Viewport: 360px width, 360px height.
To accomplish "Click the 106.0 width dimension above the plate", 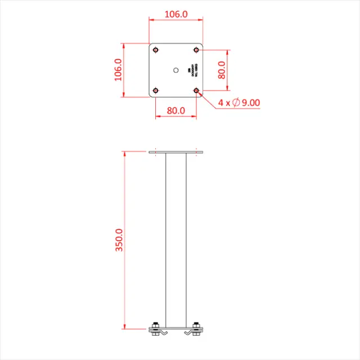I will [175, 14].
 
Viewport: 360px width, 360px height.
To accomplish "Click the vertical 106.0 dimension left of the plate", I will [118, 70].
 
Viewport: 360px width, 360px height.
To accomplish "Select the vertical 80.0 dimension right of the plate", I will [222, 70].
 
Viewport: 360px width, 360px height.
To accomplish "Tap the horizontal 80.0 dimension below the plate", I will [175, 111].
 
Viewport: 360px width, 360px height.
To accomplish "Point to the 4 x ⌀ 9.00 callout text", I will [239, 102].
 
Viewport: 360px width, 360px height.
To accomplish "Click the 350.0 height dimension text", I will [119, 240].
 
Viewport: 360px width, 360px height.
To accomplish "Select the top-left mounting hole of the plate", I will [155, 49].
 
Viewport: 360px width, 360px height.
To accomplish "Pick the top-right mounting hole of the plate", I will [196, 49].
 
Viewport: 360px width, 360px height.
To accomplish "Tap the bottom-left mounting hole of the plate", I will [155, 90].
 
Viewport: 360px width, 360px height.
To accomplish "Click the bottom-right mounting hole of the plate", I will [196, 90].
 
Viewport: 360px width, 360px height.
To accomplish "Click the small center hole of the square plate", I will [175, 70].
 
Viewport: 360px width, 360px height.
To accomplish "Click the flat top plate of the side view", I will [175, 152].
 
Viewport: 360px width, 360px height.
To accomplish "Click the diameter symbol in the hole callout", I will [236, 102].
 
